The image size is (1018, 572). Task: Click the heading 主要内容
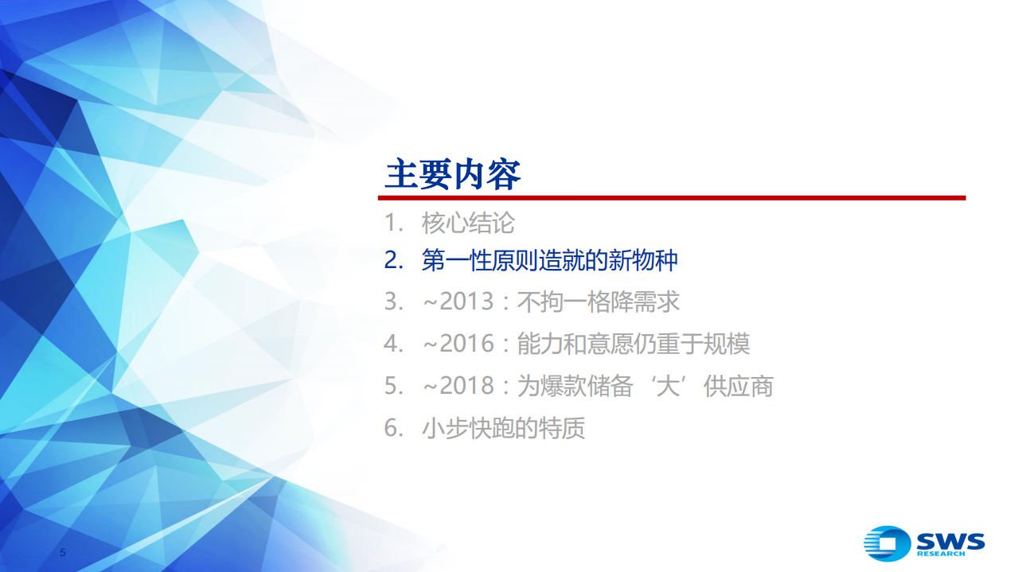tap(452, 174)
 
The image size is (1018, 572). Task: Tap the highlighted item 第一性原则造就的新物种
tap(549, 260)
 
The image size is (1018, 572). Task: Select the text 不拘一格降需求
tap(599, 302)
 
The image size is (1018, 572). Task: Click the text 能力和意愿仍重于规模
tap(634, 344)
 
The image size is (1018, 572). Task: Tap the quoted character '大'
tap(679, 386)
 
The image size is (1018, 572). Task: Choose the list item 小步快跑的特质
tap(503, 428)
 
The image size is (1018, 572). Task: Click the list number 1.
tap(390, 223)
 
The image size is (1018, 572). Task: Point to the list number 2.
tap(390, 260)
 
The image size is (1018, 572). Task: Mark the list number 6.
tap(390, 428)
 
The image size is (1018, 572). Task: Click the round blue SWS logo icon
tap(887, 543)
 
